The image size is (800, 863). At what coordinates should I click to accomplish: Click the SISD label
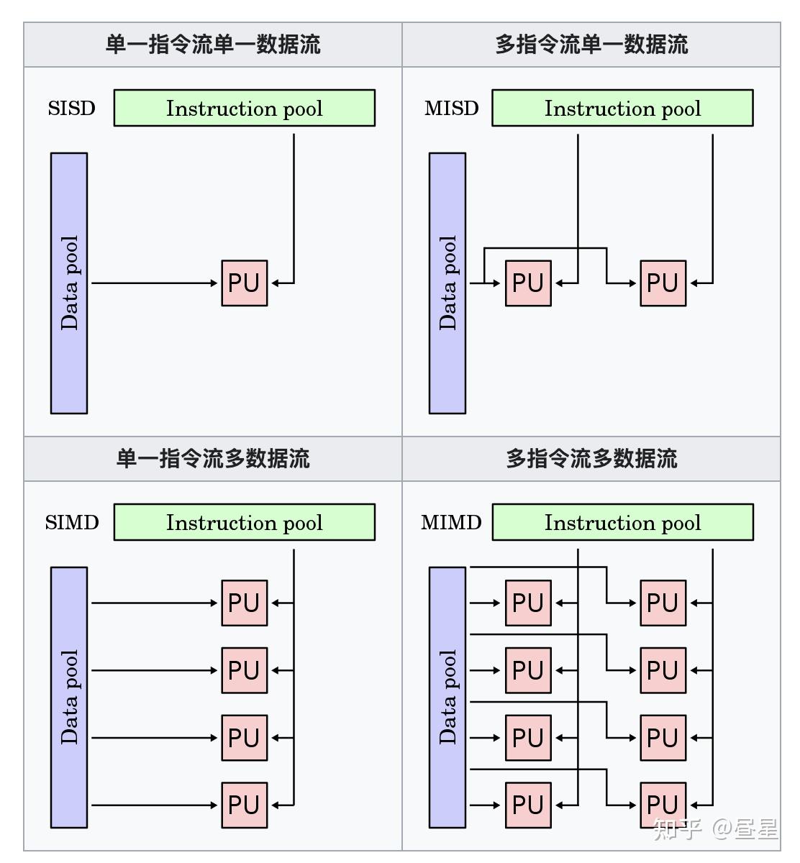pyautogui.click(x=71, y=109)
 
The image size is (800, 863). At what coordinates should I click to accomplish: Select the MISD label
pyautogui.click(x=451, y=109)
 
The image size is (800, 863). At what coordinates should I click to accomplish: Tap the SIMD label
pyautogui.click(x=71, y=522)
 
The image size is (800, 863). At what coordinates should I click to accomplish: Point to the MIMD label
pyautogui.click(x=451, y=522)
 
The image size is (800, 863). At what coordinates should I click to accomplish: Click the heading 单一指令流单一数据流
pyautogui.click(x=213, y=45)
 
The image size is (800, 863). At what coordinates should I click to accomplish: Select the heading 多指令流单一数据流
pyautogui.click(x=591, y=45)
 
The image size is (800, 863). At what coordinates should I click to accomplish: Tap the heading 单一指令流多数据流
pyautogui.click(x=213, y=459)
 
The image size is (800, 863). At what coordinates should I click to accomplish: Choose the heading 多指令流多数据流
pyautogui.click(x=591, y=459)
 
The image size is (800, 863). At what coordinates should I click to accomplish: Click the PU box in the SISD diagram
pyautogui.click(x=244, y=283)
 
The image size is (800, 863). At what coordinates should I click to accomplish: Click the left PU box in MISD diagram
pyautogui.click(x=528, y=283)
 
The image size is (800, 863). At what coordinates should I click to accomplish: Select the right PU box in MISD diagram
pyautogui.click(x=663, y=283)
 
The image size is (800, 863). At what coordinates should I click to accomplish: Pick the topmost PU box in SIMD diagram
pyautogui.click(x=244, y=603)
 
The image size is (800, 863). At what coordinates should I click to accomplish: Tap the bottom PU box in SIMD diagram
pyautogui.click(x=244, y=805)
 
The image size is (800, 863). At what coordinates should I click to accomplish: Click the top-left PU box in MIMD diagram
pyautogui.click(x=528, y=603)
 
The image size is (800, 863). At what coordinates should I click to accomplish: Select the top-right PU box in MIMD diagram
pyautogui.click(x=663, y=603)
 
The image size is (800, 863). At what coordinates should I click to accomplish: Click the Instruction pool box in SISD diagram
pyautogui.click(x=244, y=108)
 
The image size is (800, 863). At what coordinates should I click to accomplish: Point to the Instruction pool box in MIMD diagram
pyautogui.click(x=622, y=522)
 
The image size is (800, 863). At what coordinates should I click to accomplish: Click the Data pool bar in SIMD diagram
pyautogui.click(x=69, y=697)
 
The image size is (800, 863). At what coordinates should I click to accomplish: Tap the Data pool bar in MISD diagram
pyautogui.click(x=447, y=283)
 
